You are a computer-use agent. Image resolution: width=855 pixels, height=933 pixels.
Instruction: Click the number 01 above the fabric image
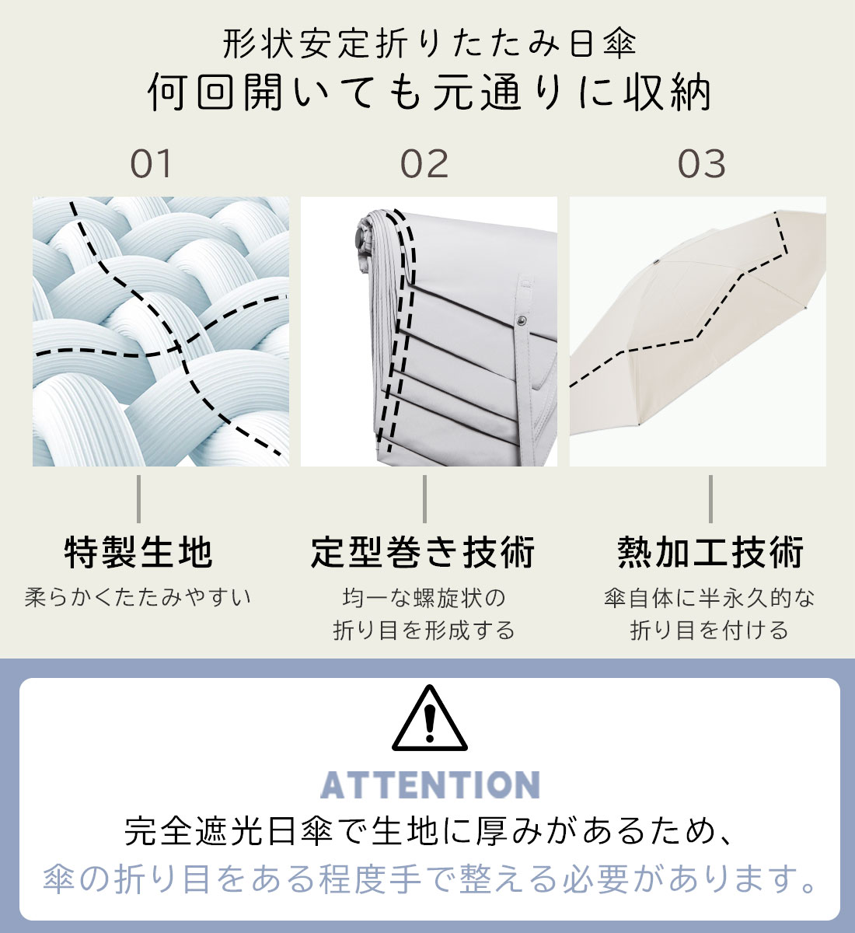[151, 164]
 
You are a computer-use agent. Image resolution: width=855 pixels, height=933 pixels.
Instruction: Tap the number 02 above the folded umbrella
[424, 164]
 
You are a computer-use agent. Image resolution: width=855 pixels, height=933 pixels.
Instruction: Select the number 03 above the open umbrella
[701, 164]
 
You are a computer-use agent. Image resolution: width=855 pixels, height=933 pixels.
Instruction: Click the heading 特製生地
[138, 552]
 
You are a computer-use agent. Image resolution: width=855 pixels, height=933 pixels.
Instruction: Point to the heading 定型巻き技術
[423, 552]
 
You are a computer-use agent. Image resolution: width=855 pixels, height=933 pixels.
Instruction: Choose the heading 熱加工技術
[710, 552]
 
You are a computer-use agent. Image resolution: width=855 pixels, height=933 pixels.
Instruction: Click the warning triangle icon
[429, 718]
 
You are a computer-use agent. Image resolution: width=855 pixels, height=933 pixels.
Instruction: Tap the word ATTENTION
[431, 784]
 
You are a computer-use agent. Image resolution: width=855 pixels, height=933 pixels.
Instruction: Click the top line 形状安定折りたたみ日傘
[429, 44]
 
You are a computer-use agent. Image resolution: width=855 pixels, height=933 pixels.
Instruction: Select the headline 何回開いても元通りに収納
[429, 92]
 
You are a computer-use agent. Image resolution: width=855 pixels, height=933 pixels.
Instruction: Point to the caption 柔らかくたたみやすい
[138, 597]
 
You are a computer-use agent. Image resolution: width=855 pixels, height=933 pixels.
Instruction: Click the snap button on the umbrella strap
[522, 320]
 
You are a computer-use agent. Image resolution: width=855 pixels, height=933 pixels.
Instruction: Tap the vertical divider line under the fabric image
[138, 498]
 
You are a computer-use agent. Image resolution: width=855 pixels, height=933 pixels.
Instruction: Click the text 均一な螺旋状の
[424, 598]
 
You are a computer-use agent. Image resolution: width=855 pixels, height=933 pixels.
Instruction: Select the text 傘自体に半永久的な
[710, 598]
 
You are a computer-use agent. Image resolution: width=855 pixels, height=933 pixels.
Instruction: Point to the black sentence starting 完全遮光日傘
[429, 831]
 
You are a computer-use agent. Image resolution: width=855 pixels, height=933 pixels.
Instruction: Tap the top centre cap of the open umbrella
[655, 261]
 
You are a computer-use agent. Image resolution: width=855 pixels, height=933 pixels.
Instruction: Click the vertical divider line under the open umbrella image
[710, 498]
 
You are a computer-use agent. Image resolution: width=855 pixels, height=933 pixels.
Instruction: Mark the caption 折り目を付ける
[709, 631]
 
